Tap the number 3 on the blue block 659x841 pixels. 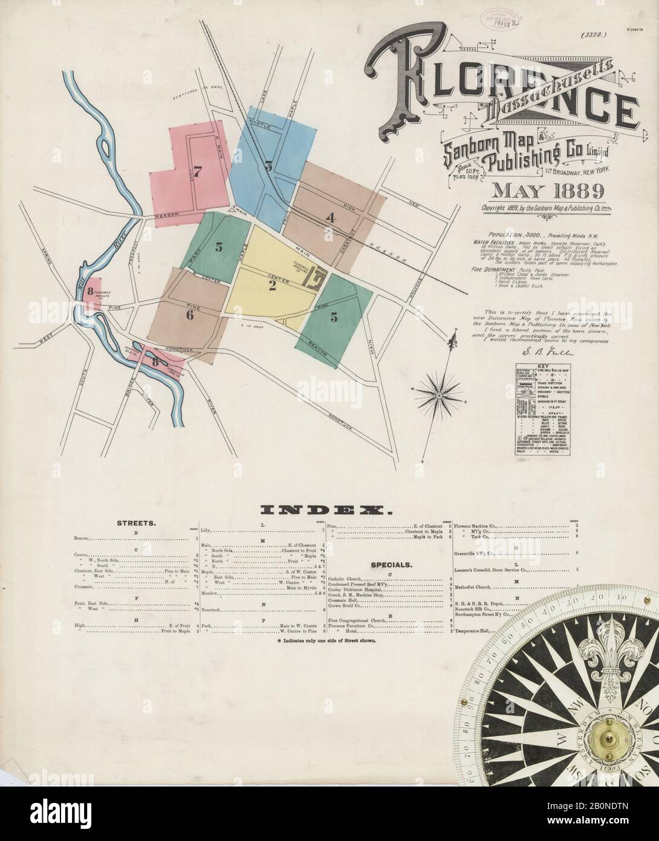[x=268, y=165]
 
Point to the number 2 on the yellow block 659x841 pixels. [x=272, y=286]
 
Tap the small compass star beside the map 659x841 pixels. [x=437, y=394]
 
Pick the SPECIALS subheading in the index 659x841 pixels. [x=391, y=564]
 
